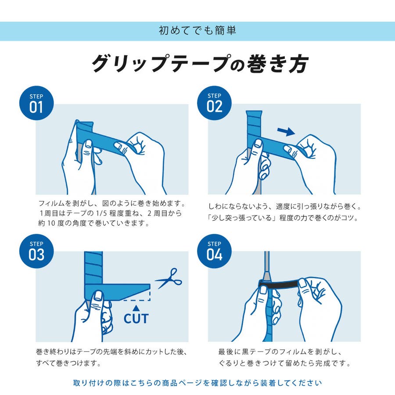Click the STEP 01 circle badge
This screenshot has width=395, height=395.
36,103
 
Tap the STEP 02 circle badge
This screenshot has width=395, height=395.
214,103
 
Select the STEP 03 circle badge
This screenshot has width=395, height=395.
36,251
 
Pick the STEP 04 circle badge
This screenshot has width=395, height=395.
214,251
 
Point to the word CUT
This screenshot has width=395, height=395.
136,319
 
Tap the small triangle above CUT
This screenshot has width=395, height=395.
136,308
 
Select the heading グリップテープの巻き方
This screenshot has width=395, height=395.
200,64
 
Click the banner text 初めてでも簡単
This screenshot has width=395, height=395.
197,31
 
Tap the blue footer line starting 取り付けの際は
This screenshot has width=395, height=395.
197,383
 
